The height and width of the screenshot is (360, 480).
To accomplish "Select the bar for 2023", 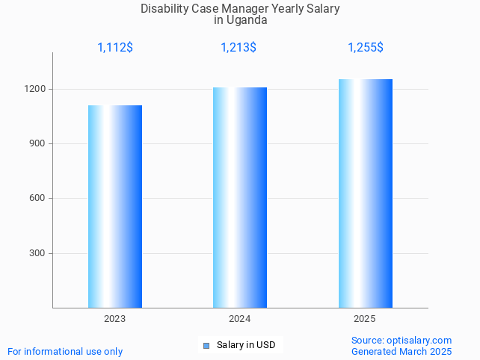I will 115,206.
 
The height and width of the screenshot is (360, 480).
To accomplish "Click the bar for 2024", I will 240,197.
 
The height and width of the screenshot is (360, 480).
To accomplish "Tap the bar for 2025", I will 365,193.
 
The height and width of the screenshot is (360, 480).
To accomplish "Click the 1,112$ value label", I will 115,48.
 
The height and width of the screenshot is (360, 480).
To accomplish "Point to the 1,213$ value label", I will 239,48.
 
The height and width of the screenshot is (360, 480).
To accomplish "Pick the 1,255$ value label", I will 365,48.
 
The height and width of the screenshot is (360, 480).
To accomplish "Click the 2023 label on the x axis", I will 115,319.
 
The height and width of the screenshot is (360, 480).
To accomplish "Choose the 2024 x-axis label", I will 240,319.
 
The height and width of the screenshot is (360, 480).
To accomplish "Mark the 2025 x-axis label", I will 365,319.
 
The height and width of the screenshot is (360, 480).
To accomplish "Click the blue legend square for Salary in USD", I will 206,345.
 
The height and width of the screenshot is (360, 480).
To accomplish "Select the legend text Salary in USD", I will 246,345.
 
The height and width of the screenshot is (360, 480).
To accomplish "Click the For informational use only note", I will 65,351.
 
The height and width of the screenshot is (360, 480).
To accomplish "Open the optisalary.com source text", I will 419,340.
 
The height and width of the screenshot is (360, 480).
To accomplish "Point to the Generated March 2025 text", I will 401,351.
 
